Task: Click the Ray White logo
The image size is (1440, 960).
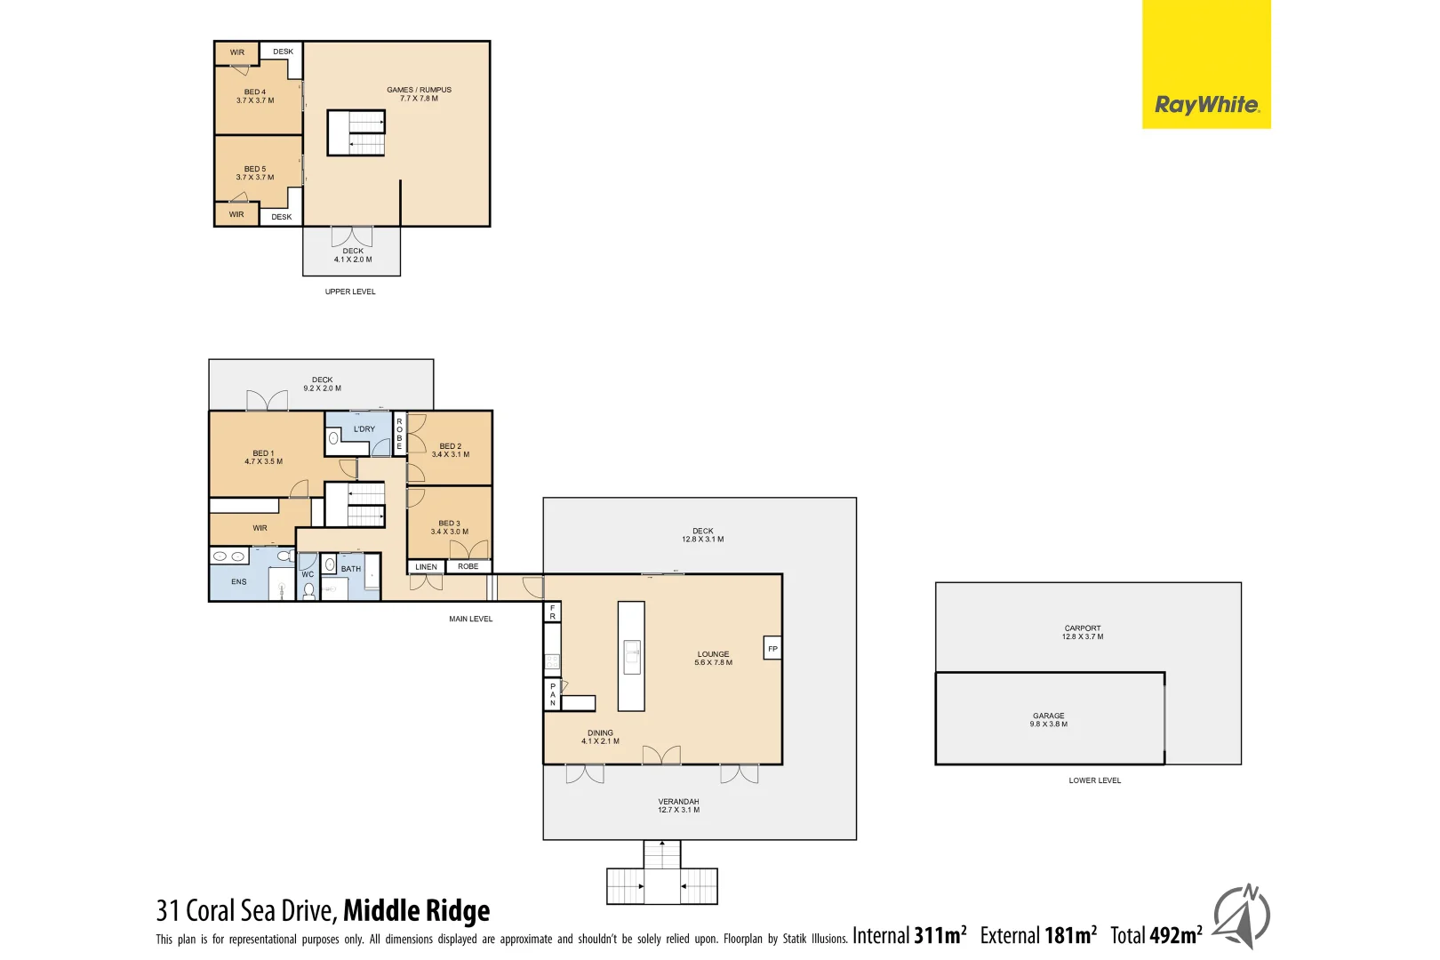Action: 1206,105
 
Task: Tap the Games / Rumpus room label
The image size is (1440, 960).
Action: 419,94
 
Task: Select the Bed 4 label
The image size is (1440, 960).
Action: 255,96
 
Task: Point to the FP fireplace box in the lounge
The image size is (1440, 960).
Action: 772,649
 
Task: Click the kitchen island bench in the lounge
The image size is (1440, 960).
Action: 631,656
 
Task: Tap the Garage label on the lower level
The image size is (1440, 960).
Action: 1049,719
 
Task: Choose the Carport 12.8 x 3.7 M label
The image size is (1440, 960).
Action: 1082,632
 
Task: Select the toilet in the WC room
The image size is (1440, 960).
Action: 308,590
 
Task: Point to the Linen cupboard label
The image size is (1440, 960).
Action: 426,567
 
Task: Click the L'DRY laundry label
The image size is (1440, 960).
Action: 364,429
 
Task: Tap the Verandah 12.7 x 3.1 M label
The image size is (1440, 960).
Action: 678,805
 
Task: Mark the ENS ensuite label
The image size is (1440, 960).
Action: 239,582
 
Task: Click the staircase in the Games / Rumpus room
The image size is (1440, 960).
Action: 356,132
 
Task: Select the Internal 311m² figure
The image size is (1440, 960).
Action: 909,935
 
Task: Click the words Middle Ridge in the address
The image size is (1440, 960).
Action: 416,910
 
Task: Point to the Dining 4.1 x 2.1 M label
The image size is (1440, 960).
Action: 600,737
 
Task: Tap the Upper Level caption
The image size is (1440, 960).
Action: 350,292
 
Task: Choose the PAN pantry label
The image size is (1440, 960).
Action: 552,694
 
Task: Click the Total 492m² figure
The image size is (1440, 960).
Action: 1156,935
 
